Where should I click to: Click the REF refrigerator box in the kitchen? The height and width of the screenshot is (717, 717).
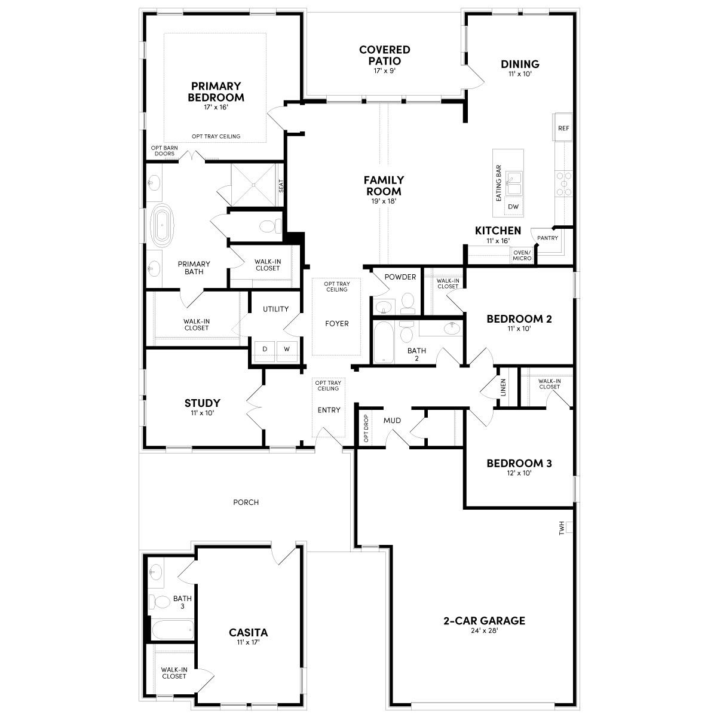pyautogui.click(x=563, y=128)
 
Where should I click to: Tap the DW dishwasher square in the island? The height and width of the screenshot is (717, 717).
pyautogui.click(x=513, y=207)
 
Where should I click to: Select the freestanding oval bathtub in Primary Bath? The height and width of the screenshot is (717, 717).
pyautogui.click(x=162, y=225)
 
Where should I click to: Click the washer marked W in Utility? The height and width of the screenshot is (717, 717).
pyautogui.click(x=286, y=349)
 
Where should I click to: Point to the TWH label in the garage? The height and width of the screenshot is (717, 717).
pyautogui.click(x=562, y=528)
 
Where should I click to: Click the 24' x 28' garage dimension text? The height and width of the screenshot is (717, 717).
pyautogui.click(x=484, y=630)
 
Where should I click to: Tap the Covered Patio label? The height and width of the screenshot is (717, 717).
pyautogui.click(x=384, y=55)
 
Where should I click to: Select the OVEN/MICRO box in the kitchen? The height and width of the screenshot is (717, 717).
pyautogui.click(x=522, y=255)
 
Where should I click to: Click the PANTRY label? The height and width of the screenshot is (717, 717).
pyautogui.click(x=547, y=238)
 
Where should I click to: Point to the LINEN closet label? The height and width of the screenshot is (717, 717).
pyautogui.click(x=503, y=388)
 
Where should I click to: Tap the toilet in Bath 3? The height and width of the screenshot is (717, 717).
pyautogui.click(x=159, y=600)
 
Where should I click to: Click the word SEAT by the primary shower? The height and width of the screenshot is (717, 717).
pyautogui.click(x=281, y=186)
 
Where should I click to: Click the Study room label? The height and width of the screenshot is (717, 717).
pyautogui.click(x=202, y=403)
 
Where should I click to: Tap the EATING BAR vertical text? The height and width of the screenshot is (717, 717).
pyautogui.click(x=498, y=183)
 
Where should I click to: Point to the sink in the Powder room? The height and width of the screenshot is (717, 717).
pyautogui.click(x=384, y=307)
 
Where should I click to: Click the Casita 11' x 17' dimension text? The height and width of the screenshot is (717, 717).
pyautogui.click(x=248, y=642)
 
